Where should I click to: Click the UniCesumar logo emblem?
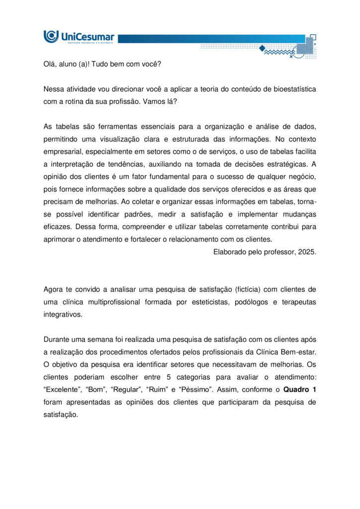51,36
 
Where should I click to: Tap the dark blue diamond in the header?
262,48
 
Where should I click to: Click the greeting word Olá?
50,64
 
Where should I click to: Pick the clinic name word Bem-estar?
300,351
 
